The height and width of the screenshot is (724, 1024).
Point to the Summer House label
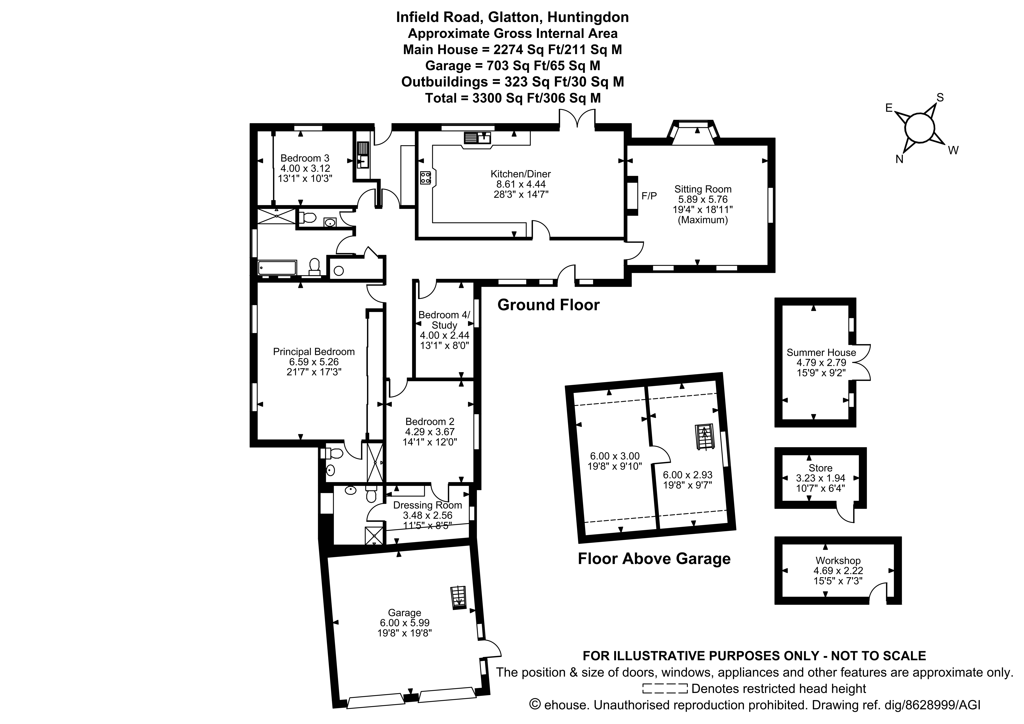821,352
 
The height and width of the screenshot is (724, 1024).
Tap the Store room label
820,468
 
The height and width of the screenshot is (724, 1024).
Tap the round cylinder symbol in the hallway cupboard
338,270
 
